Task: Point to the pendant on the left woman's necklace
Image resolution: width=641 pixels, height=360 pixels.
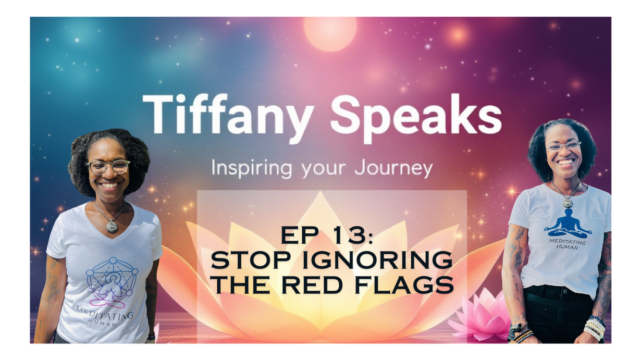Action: (110, 226)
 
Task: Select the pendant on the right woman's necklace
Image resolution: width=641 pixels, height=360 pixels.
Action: (566, 202)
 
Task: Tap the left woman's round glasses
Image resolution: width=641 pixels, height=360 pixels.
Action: (108, 167)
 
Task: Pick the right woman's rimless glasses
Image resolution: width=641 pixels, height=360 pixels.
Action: (563, 146)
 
